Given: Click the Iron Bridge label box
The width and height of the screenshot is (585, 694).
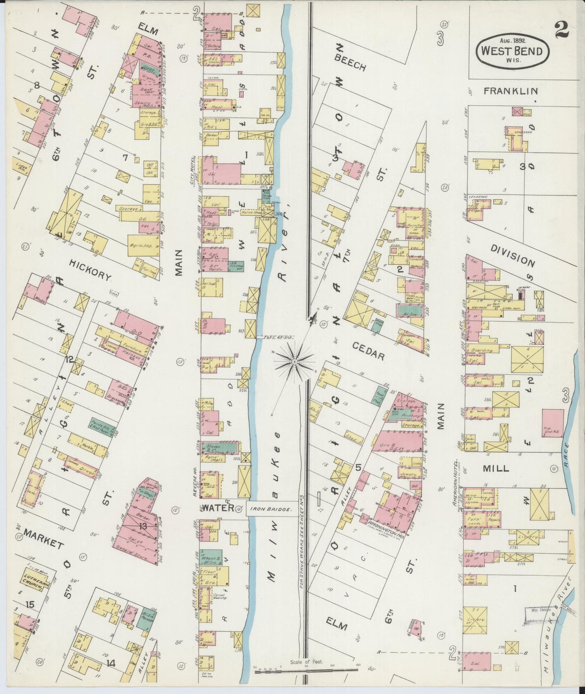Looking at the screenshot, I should (x=270, y=509).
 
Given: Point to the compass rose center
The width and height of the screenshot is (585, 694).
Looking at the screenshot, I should (x=295, y=360).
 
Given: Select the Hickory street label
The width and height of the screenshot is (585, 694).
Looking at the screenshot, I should (x=90, y=270).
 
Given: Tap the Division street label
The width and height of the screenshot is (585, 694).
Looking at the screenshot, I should (x=512, y=255).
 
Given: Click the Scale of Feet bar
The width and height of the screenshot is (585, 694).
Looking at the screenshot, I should (x=306, y=671).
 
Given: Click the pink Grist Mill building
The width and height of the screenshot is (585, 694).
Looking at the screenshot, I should (x=552, y=423).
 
